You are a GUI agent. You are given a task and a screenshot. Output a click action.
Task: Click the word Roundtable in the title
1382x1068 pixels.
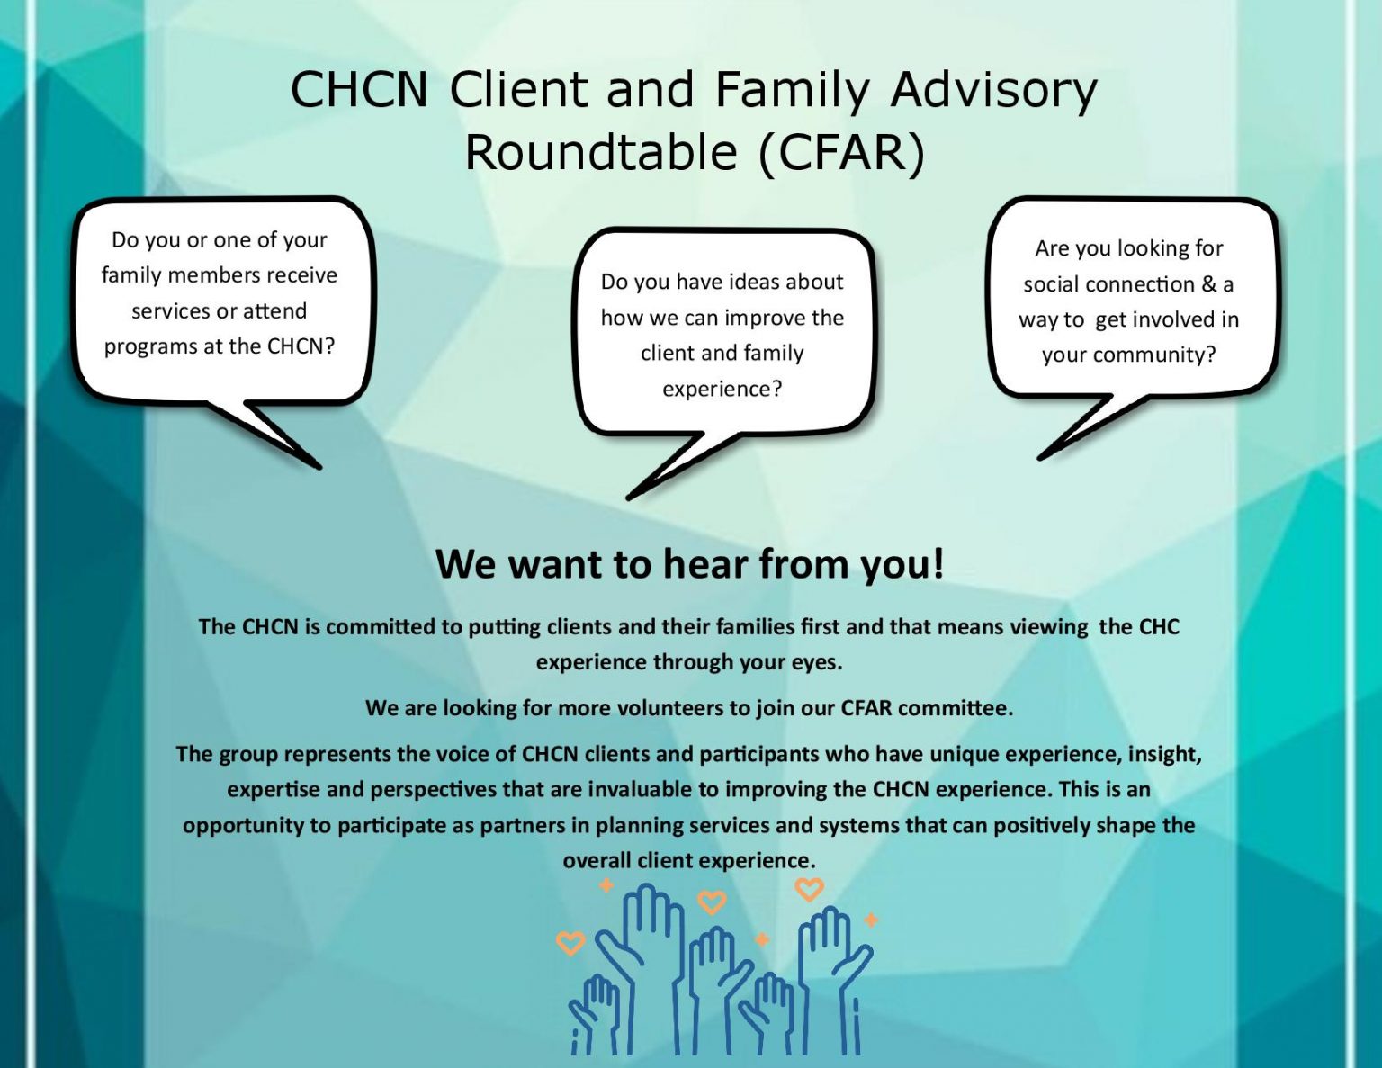pos(601,153)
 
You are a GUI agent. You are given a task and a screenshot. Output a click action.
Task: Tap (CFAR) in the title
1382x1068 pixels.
pos(840,154)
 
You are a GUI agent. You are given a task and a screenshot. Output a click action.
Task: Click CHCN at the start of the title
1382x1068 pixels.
pos(359,90)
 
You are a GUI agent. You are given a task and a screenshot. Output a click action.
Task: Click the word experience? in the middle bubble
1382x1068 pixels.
pos(722,389)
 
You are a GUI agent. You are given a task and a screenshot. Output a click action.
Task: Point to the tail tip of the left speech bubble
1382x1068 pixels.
pos(319,468)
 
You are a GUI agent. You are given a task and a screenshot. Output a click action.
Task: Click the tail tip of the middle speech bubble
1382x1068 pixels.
pos(629,498)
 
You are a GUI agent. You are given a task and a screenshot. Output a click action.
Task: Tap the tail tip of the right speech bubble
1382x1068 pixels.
pos(1040,458)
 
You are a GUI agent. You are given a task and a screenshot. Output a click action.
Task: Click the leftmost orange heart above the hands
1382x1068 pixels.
pos(570,944)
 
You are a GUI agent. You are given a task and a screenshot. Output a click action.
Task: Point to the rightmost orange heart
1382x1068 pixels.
pos(810,889)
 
